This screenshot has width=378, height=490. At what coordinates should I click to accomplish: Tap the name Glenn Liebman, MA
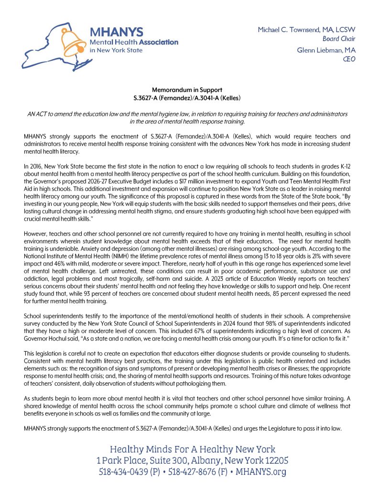(x=326, y=50)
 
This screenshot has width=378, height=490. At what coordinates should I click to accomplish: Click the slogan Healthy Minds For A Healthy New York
(x=192, y=449)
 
